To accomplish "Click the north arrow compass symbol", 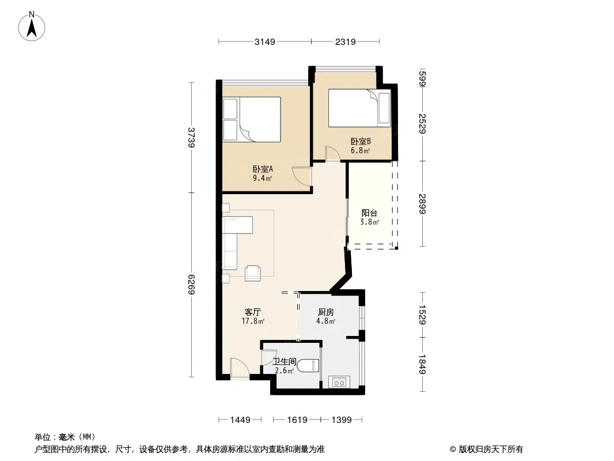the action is (x=32, y=27).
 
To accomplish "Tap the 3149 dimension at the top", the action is (x=265, y=41).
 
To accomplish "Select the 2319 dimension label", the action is (x=346, y=41).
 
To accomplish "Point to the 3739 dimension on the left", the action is (x=191, y=138).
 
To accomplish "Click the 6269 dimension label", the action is (x=191, y=284).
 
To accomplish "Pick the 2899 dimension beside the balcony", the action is (x=422, y=203).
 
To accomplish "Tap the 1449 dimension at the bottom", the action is (x=240, y=420).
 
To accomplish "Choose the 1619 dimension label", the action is (x=297, y=420).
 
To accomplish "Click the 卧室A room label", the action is (x=262, y=169).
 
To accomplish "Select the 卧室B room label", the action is (x=361, y=141).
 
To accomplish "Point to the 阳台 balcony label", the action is (x=369, y=213).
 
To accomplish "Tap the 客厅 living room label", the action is (x=253, y=312).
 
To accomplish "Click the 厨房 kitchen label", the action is (x=326, y=312).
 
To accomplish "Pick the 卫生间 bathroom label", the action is (x=285, y=361).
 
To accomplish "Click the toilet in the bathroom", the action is (x=308, y=366).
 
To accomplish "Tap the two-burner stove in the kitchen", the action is (x=339, y=381).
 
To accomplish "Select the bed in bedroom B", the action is (x=359, y=108).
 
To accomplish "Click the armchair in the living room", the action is (x=253, y=273).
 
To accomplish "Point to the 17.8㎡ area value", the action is (x=253, y=322).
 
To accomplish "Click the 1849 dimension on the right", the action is (x=422, y=364).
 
